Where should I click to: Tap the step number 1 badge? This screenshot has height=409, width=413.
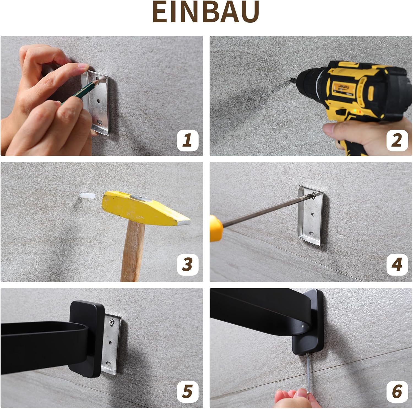188,141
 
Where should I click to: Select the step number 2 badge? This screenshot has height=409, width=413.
397,141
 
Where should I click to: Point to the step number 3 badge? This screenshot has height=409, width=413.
188,265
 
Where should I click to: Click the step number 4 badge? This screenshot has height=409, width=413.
397,265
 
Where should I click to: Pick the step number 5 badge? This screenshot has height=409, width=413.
188,392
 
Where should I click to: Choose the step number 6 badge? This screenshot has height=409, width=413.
397,392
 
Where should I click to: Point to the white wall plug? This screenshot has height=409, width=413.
87,196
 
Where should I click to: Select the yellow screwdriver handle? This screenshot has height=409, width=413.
216,228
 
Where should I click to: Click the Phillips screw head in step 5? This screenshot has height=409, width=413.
112,321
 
